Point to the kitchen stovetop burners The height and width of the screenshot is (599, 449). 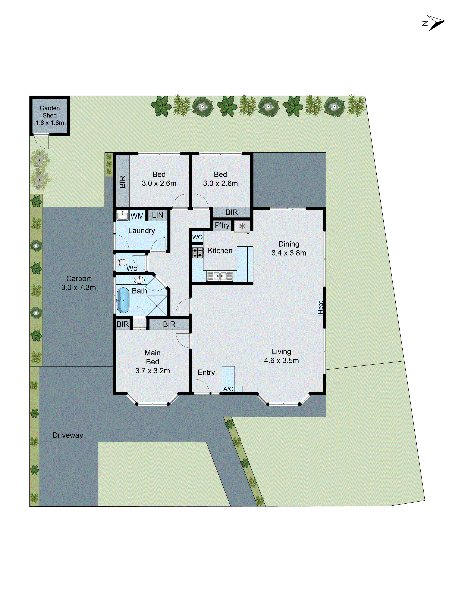(x=197, y=253)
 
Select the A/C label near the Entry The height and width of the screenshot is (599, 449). (x=228, y=389)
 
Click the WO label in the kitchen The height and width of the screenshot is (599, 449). (x=197, y=237)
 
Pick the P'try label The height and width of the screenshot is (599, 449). (x=222, y=225)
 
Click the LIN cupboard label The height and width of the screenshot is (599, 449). (x=157, y=215)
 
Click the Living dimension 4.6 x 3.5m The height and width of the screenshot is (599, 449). (x=282, y=360)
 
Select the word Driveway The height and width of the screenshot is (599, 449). (x=68, y=435)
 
